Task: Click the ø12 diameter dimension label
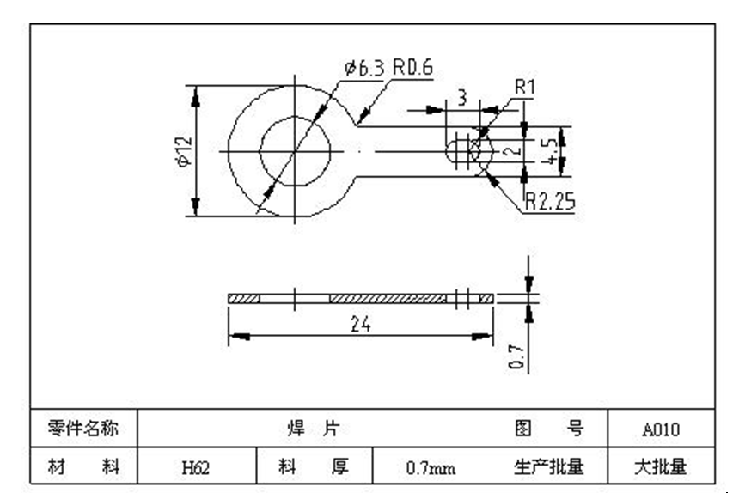click(x=182, y=151)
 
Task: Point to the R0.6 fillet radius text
click(x=412, y=68)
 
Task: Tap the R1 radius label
click(x=525, y=87)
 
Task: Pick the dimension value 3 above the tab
click(x=461, y=98)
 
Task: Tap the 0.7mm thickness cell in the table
click(x=431, y=468)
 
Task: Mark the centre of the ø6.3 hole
click(x=295, y=151)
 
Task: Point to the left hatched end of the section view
click(x=244, y=298)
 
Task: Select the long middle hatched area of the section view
click(x=387, y=298)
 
